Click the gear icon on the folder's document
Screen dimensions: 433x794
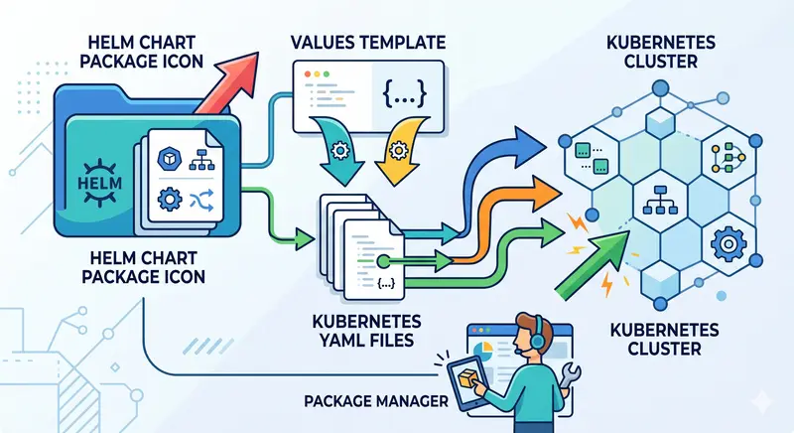(x=170, y=199)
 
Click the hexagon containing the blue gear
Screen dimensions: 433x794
(x=726, y=241)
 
